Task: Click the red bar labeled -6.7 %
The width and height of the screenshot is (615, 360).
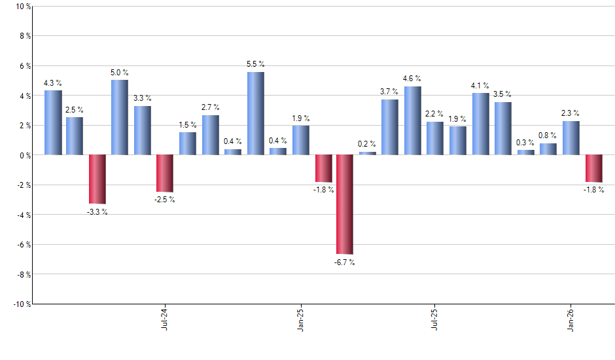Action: click(345, 204)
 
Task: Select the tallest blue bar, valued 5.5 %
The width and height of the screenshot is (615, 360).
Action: click(255, 113)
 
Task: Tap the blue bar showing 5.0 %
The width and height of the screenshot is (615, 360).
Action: click(120, 117)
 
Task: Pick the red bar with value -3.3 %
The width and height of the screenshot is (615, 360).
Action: click(97, 179)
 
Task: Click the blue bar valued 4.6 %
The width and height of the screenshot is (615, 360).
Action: click(412, 120)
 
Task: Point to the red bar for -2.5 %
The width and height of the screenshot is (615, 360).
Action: click(165, 173)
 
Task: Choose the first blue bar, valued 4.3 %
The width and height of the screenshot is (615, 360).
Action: click(53, 122)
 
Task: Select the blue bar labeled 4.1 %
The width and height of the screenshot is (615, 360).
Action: click(480, 124)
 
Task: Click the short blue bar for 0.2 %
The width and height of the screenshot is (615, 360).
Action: click(368, 153)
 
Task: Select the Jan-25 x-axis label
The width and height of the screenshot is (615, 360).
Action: click(300, 319)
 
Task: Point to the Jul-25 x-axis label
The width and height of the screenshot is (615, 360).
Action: click(434, 319)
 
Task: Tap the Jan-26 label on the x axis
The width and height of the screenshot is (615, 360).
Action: click(570, 319)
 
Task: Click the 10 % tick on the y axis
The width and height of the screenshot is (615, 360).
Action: click(22, 7)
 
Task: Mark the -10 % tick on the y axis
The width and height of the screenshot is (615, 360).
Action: click(21, 304)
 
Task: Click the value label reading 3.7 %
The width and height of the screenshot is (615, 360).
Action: click(389, 91)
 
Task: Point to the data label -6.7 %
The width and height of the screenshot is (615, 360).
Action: click(344, 262)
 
